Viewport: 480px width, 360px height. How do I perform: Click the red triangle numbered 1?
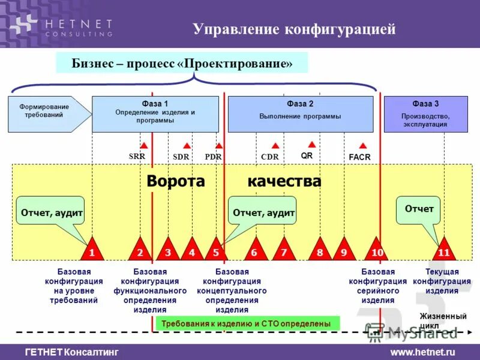click(92, 251)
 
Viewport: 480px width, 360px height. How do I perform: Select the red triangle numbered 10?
click(377, 251)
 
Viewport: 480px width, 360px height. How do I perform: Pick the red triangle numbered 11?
click(444, 251)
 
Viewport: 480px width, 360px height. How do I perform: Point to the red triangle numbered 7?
click(284, 251)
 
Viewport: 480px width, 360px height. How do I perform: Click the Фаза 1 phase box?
click(155, 114)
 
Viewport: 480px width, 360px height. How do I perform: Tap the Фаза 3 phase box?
click(425, 114)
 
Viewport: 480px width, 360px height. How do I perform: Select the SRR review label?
click(137, 157)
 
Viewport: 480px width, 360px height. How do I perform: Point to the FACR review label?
click(359, 157)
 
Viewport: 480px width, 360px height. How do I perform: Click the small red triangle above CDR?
click(275, 146)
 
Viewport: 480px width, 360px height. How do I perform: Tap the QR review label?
click(307, 155)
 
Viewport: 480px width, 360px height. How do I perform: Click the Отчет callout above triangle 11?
click(419, 209)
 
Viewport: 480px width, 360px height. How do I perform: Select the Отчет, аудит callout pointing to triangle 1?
click(52, 212)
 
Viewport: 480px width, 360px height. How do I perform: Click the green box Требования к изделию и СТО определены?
click(247, 323)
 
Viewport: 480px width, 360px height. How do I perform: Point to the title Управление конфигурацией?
click(294, 29)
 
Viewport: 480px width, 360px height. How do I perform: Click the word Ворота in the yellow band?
click(176, 181)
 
